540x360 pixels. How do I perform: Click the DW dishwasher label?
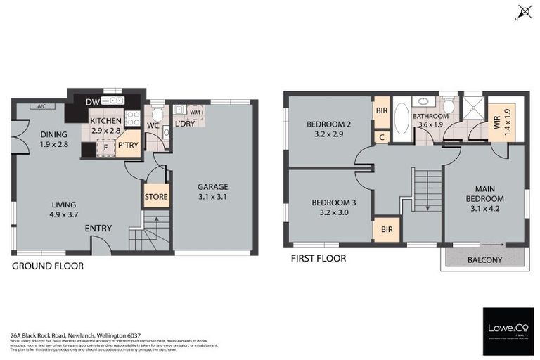pyautogui.click(x=92, y=103)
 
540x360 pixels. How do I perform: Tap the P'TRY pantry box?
pyautogui.click(x=128, y=145)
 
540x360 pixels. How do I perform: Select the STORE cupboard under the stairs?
pyautogui.click(x=156, y=196)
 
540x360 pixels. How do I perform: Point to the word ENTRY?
pyautogui.click(x=98, y=229)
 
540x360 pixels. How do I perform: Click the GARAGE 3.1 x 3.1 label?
pyautogui.click(x=212, y=192)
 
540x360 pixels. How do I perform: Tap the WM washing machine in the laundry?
pyautogui.click(x=195, y=111)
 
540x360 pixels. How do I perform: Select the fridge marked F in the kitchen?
pyautogui.click(x=105, y=148)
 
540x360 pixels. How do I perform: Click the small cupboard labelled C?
pyautogui.click(x=381, y=137)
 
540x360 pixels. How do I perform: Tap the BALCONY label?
pyautogui.click(x=484, y=259)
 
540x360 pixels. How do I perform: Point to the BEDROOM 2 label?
pyautogui.click(x=328, y=129)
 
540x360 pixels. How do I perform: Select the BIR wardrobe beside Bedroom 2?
pyautogui.click(x=382, y=110)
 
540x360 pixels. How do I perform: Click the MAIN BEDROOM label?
pyautogui.click(x=484, y=193)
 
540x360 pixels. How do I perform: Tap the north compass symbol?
pyautogui.click(x=524, y=11)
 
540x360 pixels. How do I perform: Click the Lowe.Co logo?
pyautogui.click(x=508, y=330)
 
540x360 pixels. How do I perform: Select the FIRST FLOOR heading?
pyautogui.click(x=319, y=258)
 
